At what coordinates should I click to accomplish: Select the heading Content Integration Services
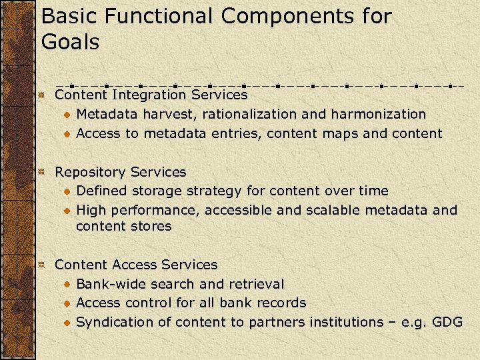(151, 95)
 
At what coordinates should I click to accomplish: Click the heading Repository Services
(120, 172)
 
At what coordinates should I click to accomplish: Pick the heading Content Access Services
(136, 265)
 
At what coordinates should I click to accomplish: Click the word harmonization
(374, 114)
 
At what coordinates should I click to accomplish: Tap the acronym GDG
(447, 322)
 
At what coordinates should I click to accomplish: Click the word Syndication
(115, 322)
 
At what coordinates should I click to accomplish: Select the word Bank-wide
(112, 284)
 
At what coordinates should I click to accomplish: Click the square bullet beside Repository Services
(41, 173)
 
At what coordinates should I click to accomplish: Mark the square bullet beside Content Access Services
(41, 265)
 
